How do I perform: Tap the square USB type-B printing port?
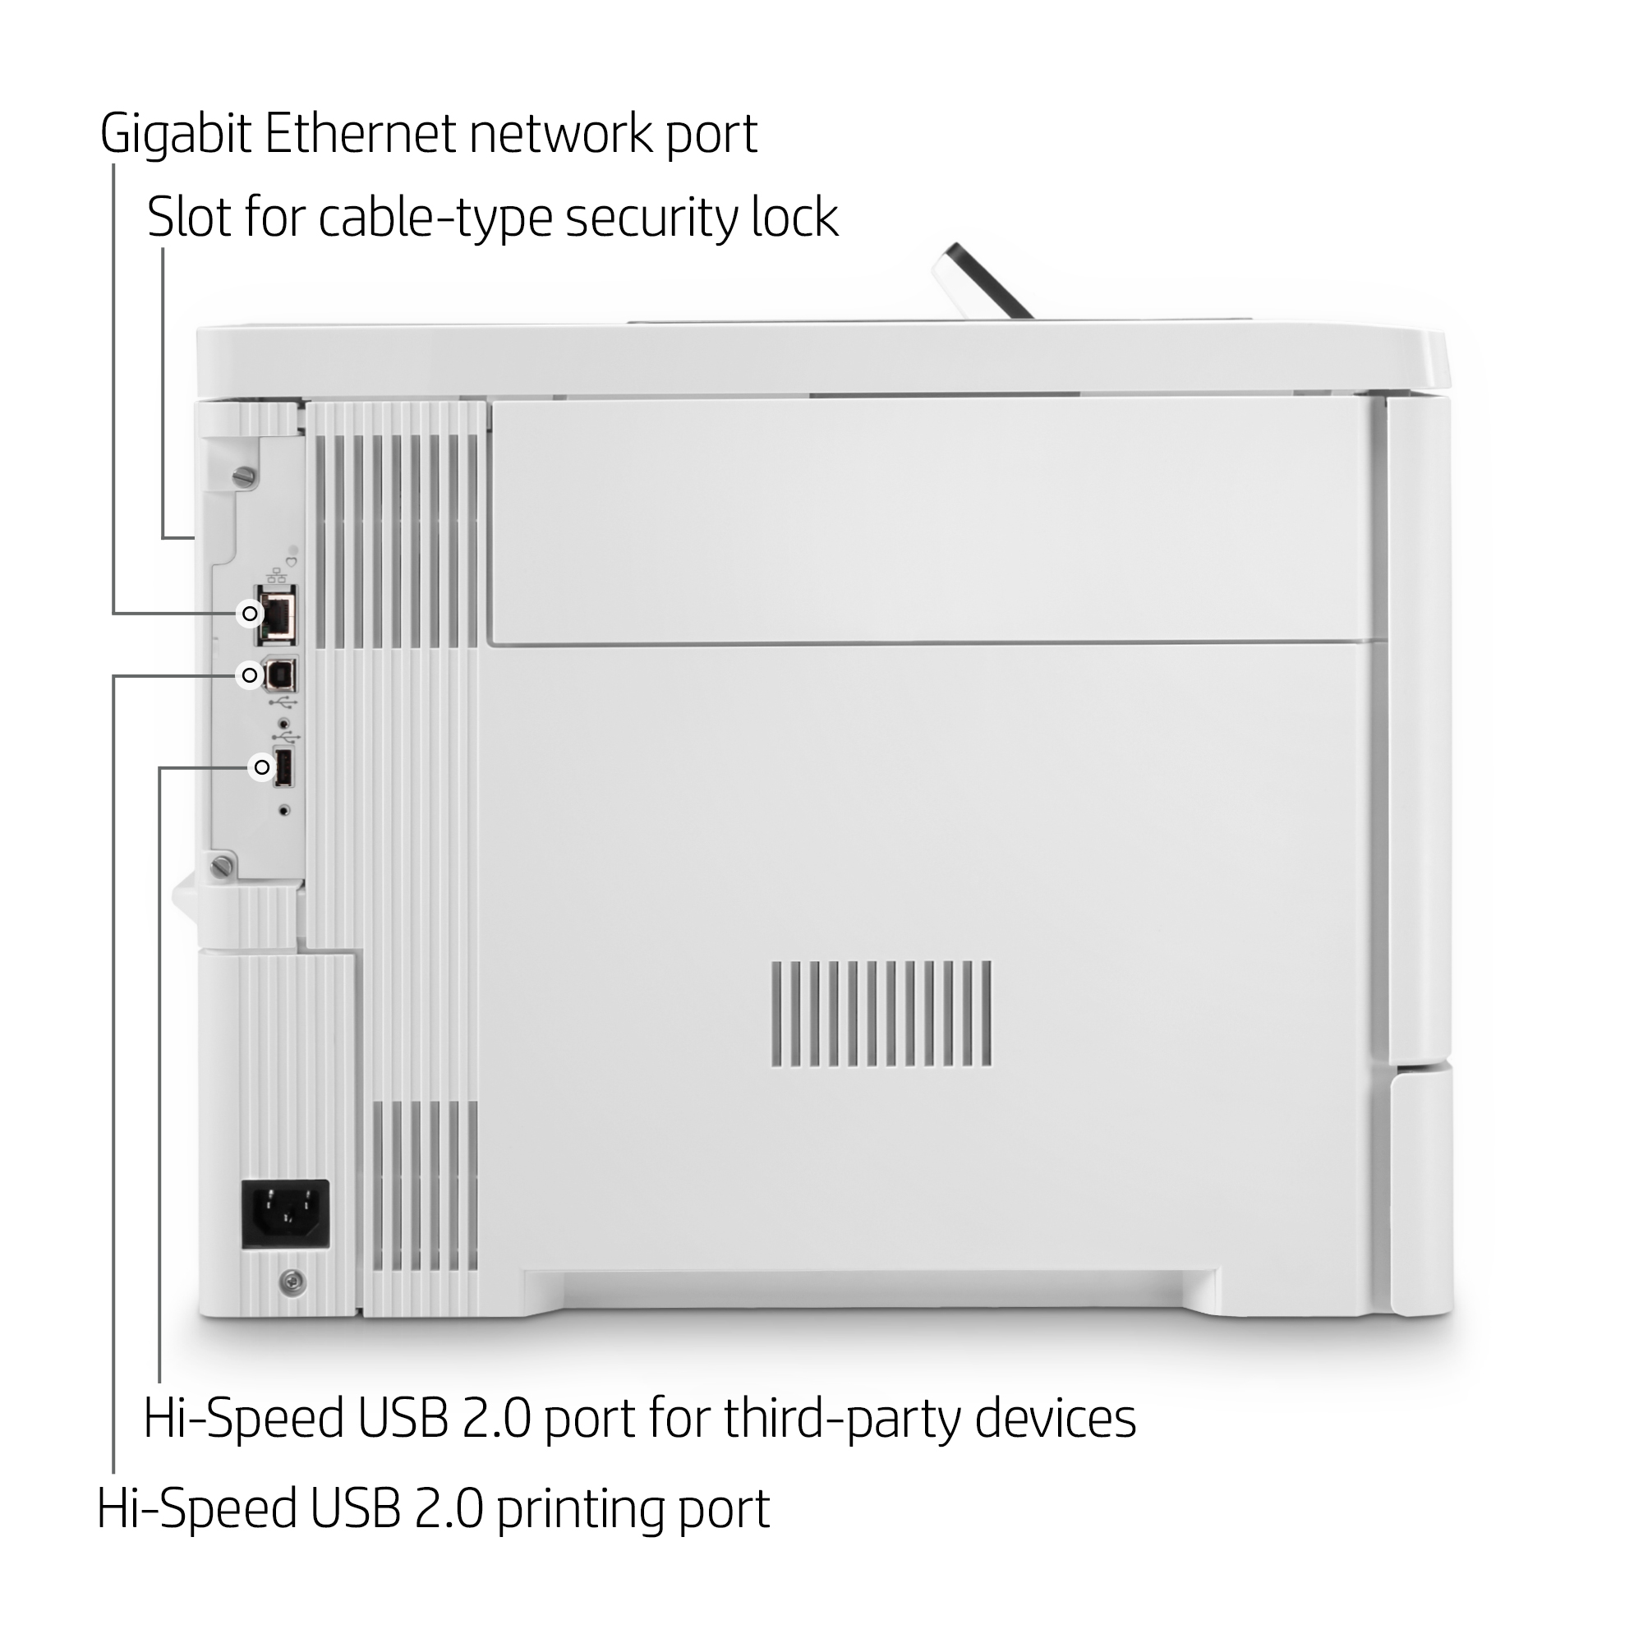tap(281, 676)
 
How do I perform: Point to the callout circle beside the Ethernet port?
tap(249, 613)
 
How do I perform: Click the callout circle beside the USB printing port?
tap(249, 675)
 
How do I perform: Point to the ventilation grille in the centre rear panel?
tap(881, 1015)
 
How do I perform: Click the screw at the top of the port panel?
tap(246, 476)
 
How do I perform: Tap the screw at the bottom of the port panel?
tap(223, 866)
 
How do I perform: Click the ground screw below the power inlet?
tap(293, 1283)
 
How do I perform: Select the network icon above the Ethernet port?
tap(275, 576)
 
